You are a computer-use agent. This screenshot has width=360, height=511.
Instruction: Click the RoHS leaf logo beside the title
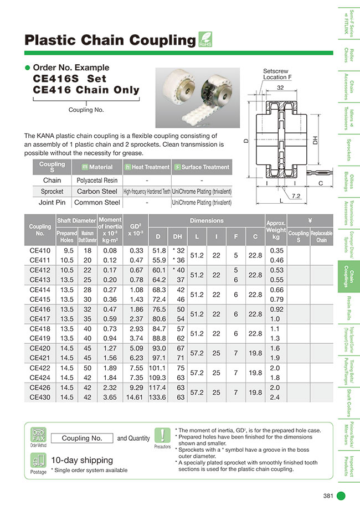point(205,40)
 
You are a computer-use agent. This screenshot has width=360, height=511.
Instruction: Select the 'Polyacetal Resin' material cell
point(96,180)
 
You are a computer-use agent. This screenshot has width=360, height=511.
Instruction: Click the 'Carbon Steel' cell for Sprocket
point(96,192)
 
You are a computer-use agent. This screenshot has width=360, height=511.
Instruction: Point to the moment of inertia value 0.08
point(110,251)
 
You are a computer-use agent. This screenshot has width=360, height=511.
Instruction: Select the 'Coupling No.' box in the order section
point(82,438)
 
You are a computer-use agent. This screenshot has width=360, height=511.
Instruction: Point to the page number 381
point(328,495)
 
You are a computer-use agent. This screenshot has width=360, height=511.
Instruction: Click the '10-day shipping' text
point(81,460)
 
